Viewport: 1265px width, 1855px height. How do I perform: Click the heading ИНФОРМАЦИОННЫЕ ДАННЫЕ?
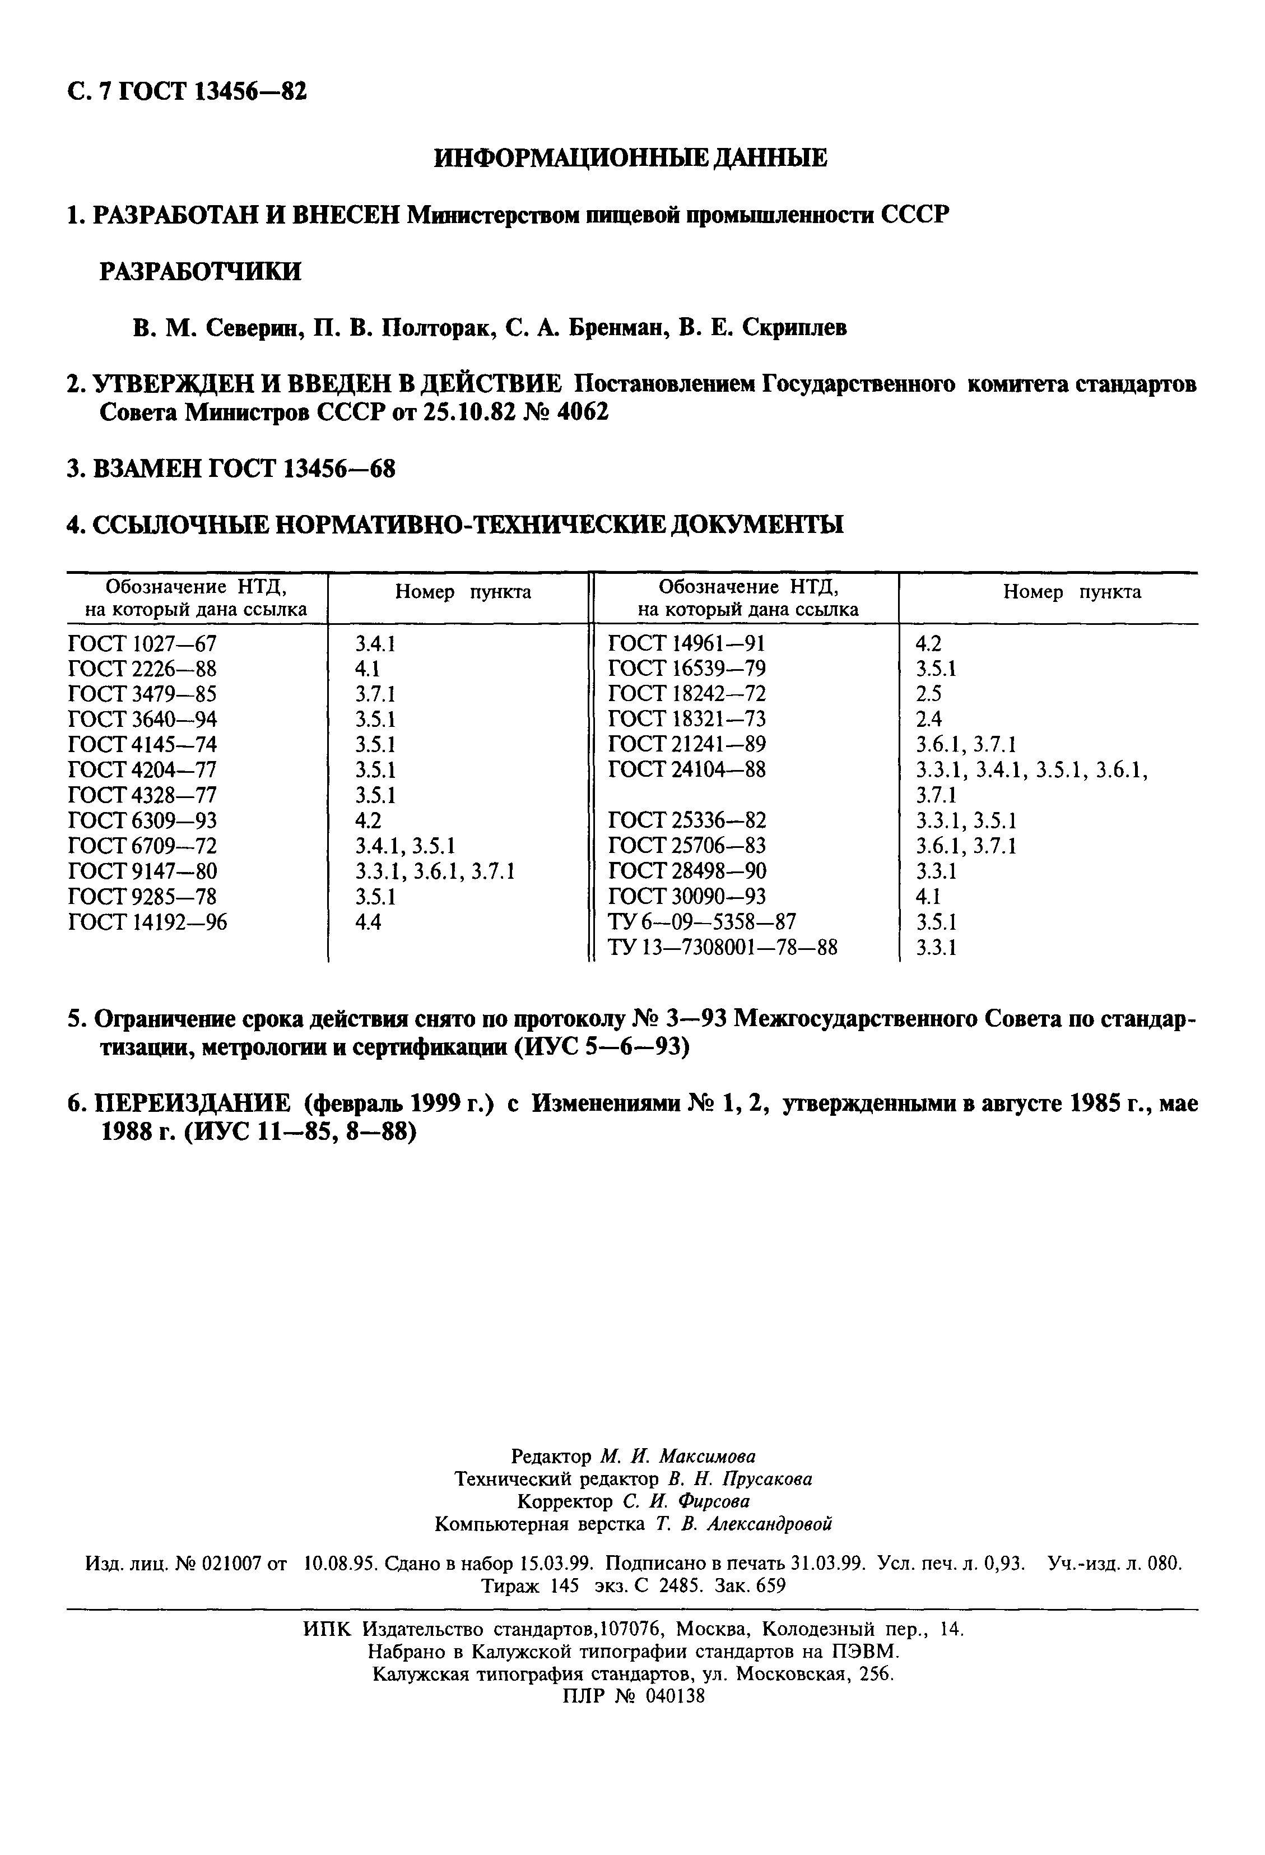coord(630,158)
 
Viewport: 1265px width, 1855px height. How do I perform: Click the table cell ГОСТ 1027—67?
coord(142,643)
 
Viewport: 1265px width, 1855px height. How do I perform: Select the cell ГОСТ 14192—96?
coord(148,922)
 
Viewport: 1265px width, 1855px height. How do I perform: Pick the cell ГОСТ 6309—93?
coord(142,820)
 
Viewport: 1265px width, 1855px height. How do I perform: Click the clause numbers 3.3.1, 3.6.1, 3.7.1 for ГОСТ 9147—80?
coord(434,871)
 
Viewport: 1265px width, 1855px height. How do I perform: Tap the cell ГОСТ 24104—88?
coord(686,769)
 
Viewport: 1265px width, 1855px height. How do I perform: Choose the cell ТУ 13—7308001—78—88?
coord(723,948)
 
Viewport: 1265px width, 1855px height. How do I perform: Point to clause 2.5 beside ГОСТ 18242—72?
coord(928,694)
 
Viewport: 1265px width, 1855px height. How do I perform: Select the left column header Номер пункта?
coord(463,592)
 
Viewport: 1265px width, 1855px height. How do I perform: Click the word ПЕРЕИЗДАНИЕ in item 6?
coord(192,1104)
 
